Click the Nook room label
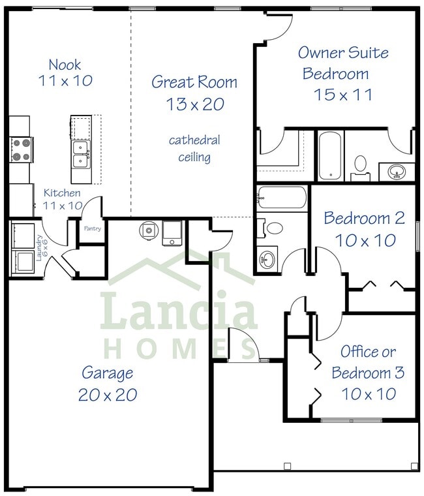click(65, 65)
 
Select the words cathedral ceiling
click(194, 149)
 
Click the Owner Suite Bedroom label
click(335, 63)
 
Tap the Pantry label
click(91, 228)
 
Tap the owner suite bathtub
click(330, 157)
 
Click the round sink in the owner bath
click(396, 172)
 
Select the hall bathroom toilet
click(273, 228)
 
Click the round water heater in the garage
click(149, 230)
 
